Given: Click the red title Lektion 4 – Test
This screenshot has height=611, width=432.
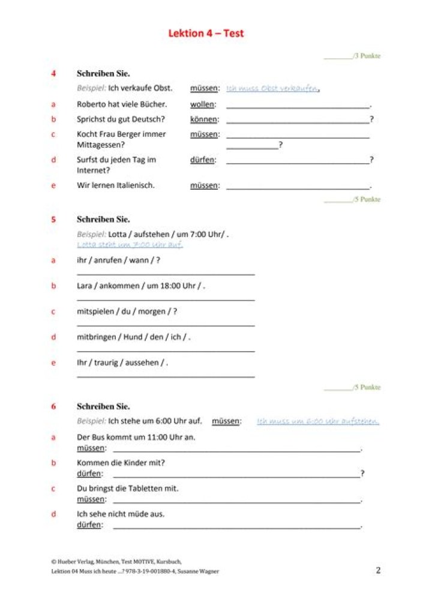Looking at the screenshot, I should pyautogui.click(x=206, y=34).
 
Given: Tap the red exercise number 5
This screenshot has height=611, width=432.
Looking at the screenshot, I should pyautogui.click(x=53, y=220).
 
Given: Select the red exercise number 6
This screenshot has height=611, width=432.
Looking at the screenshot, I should pyautogui.click(x=53, y=406).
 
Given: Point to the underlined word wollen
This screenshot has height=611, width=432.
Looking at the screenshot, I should pyautogui.click(x=202, y=104).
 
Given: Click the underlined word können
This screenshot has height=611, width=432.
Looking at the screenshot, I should pyautogui.click(x=204, y=119).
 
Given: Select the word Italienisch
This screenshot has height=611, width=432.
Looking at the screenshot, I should pyautogui.click(x=133, y=185).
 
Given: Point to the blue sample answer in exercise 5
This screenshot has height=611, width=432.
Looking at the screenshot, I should pyautogui.click(x=130, y=245).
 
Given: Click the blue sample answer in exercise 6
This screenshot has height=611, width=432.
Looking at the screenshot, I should pyautogui.click(x=318, y=421).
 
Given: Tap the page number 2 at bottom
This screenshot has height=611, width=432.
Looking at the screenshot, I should pyautogui.click(x=377, y=570).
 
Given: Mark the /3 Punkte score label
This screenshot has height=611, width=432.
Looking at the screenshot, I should pyautogui.click(x=367, y=56).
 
